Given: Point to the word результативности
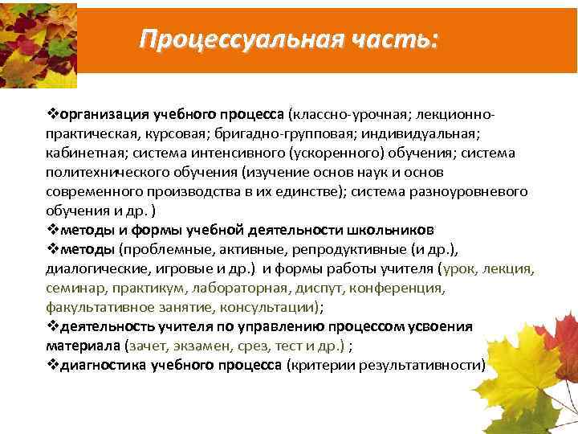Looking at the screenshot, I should click(422, 365).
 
